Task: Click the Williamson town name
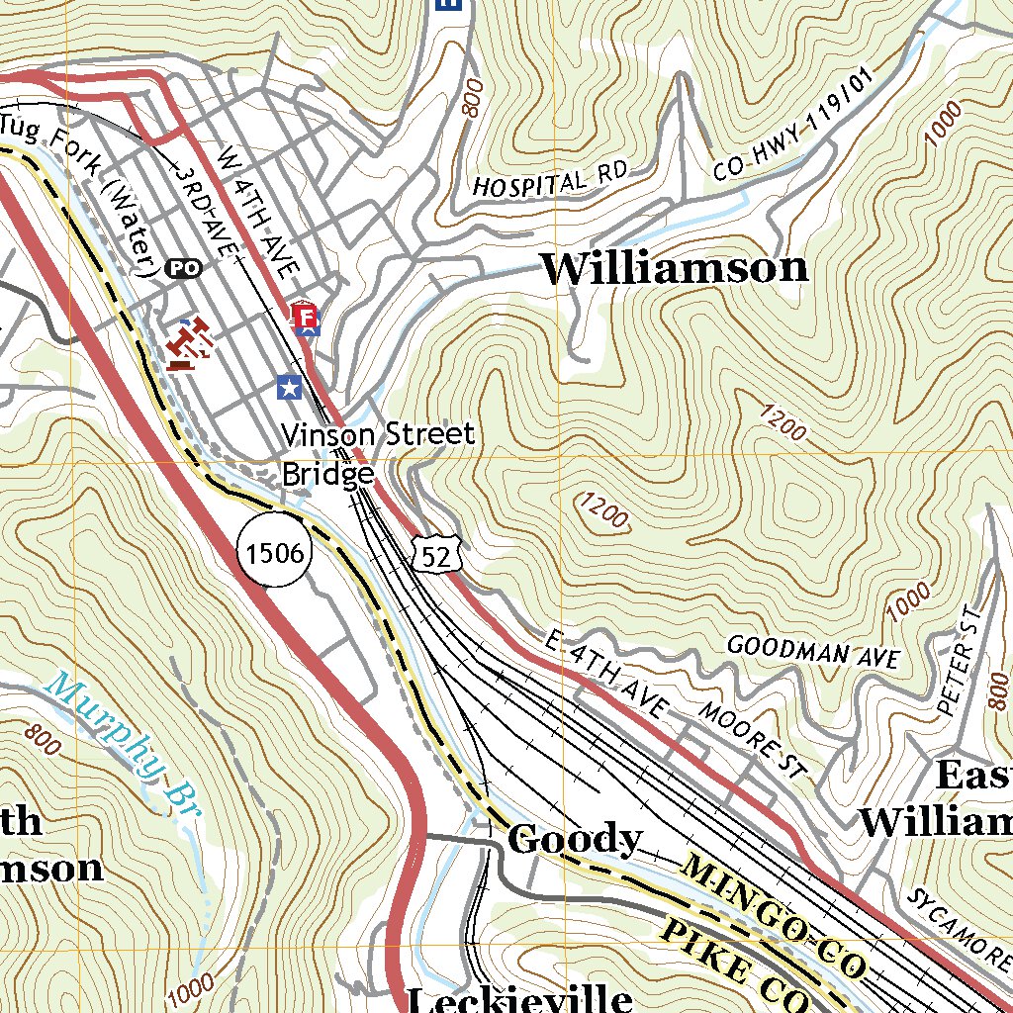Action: pos(675,269)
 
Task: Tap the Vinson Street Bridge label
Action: pos(378,454)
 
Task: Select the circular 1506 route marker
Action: pos(275,552)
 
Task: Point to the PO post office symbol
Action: pos(183,267)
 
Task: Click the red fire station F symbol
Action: pos(305,319)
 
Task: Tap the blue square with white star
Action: pos(288,387)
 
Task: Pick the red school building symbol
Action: pos(191,344)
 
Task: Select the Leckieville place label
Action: pos(519,997)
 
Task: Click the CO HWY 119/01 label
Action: pos(794,138)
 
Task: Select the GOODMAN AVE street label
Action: pos(812,651)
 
